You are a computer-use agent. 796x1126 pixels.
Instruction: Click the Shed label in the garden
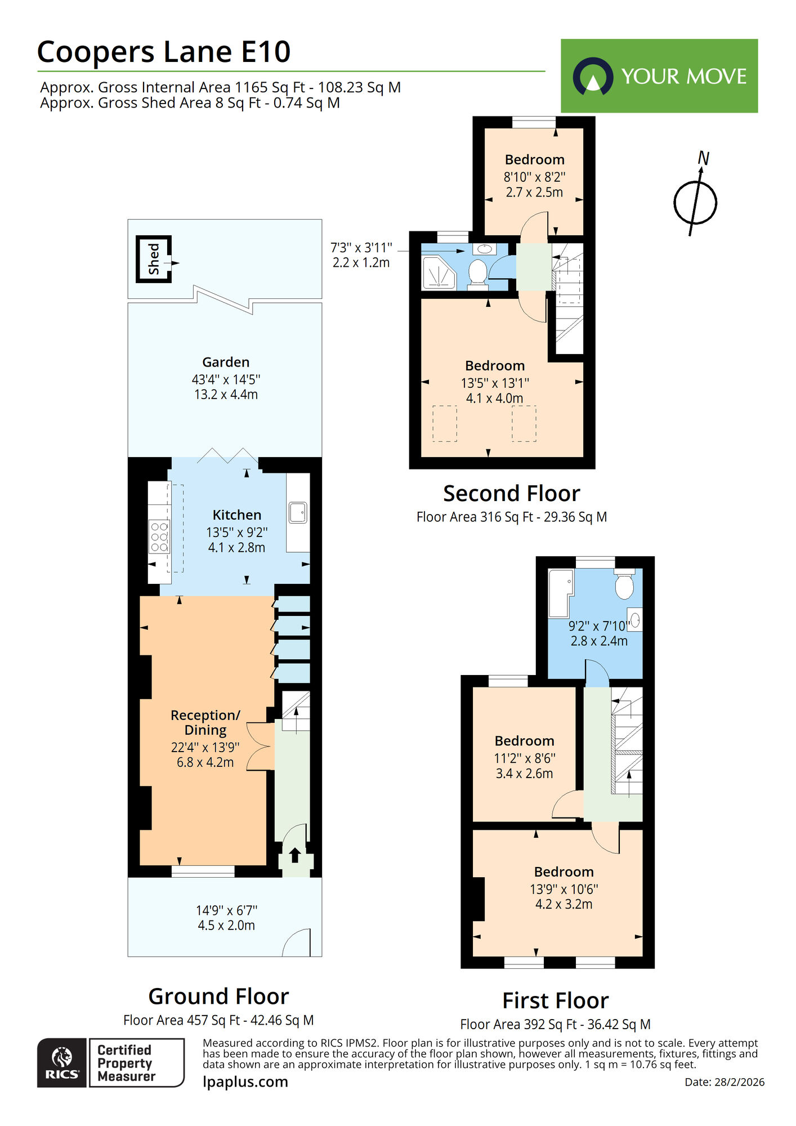pos(154,259)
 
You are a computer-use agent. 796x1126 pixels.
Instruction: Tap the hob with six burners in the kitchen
pos(159,537)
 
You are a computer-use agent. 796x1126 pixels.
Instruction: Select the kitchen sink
pos(297,513)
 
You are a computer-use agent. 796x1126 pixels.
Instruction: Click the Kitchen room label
pos(236,515)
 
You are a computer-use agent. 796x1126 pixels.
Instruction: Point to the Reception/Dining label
pos(205,722)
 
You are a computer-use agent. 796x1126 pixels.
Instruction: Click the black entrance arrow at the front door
pos(294,855)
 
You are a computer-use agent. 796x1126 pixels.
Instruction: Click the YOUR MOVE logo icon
pos(593,77)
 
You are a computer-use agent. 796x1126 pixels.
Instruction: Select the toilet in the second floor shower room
pos(477,272)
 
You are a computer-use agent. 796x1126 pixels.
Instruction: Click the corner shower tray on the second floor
pos(437,272)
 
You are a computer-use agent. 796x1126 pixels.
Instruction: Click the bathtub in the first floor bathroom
pos(560,593)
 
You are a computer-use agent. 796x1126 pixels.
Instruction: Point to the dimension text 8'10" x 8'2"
pos(534,177)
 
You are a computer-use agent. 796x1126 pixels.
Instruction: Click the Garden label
pos(226,362)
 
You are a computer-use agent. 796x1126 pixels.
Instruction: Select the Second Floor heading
pos(511,493)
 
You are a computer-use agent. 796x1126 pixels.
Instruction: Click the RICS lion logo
pos(62,1062)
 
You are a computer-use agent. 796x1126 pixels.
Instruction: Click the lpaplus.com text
pos(245,1082)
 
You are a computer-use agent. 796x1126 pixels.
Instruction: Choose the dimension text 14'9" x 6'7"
pos(226,910)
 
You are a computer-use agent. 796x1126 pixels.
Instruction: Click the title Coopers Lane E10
pos(163,52)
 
